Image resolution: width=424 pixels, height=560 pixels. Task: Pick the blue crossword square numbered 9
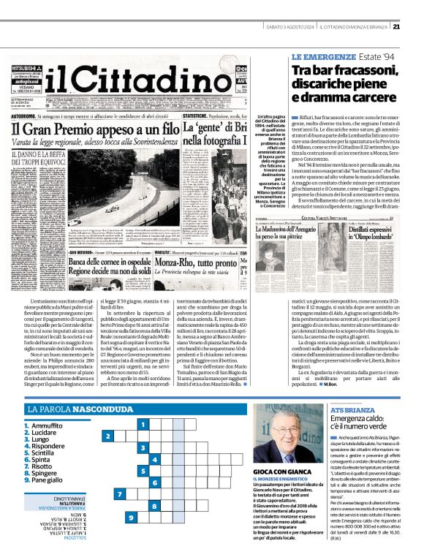[132, 518]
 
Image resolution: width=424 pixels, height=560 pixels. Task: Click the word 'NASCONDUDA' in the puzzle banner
[103, 411]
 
